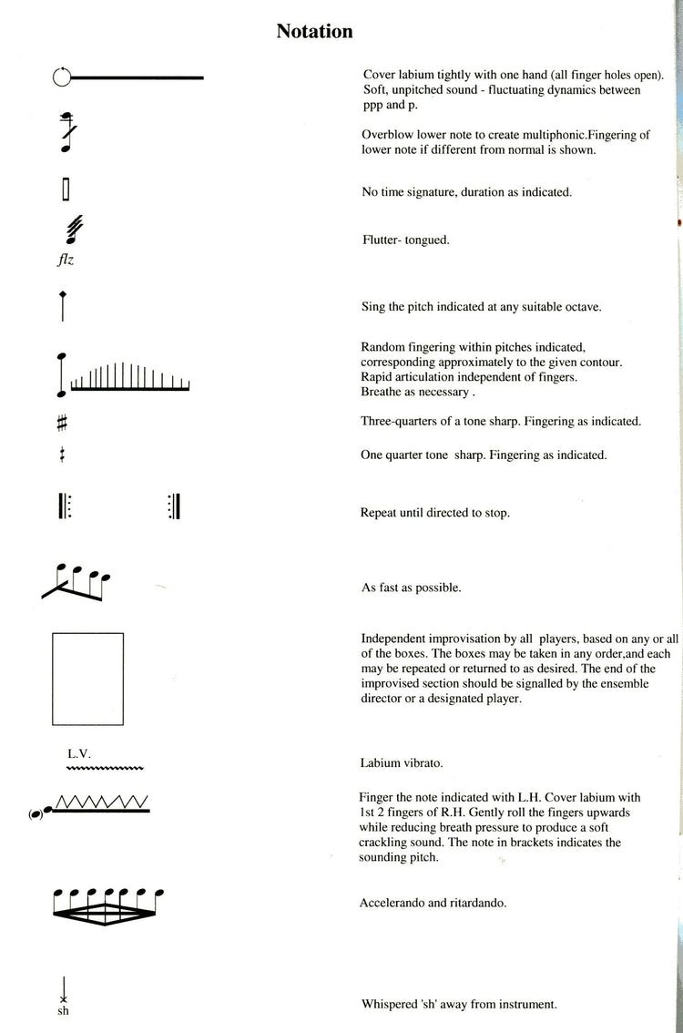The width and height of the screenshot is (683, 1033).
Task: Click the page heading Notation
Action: click(x=314, y=32)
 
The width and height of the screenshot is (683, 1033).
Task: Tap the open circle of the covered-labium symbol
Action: click(x=62, y=78)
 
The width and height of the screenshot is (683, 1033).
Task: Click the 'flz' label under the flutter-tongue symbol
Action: click(x=65, y=258)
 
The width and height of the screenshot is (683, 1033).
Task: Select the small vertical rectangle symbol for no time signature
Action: click(x=66, y=189)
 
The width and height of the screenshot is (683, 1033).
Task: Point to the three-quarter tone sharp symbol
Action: click(x=62, y=423)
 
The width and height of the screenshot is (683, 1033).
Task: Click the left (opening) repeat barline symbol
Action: click(x=64, y=506)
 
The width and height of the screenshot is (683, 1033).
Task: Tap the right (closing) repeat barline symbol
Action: click(x=174, y=506)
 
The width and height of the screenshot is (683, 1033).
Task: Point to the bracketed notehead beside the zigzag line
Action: click(x=37, y=813)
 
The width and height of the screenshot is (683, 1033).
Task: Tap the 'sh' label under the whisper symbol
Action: click(x=63, y=1010)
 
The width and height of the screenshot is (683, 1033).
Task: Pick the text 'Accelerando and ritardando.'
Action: click(x=433, y=903)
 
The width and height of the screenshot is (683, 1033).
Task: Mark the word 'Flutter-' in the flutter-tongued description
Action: click(x=382, y=240)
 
